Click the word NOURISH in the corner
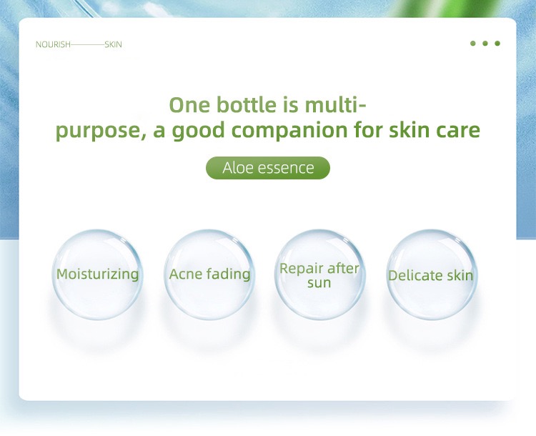53,44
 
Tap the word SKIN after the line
113,44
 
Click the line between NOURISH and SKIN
87,44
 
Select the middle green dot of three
485,44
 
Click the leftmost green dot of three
473,44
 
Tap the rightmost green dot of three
497,44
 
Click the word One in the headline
189,105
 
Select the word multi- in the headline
335,105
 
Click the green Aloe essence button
268,168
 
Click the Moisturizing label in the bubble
98,274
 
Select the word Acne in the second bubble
186,274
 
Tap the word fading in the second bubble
229,274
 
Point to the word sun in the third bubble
319,283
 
